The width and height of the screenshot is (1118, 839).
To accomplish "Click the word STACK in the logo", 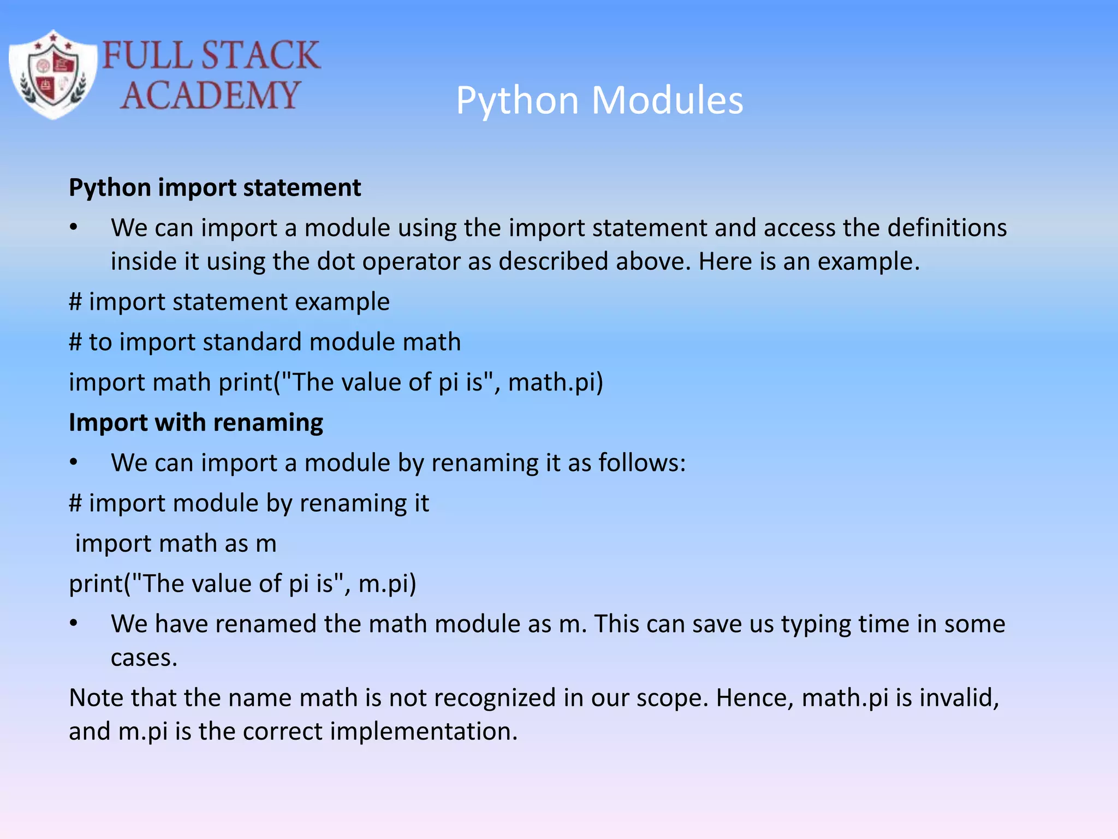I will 260,55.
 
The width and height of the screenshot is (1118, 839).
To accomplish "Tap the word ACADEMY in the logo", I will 210,96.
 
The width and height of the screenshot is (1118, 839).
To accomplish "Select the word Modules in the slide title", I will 667,101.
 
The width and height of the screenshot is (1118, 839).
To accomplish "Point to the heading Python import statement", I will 215,188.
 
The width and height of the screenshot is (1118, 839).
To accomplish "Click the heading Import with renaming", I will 195,423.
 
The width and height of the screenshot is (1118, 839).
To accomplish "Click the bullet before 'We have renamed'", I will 74,624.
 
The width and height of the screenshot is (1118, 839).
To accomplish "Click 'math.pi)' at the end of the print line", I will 555,382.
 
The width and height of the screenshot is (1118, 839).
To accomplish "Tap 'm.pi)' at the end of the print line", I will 387,584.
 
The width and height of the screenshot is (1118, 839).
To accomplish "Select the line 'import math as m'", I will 175,543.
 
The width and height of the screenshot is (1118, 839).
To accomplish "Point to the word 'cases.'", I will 144,658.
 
